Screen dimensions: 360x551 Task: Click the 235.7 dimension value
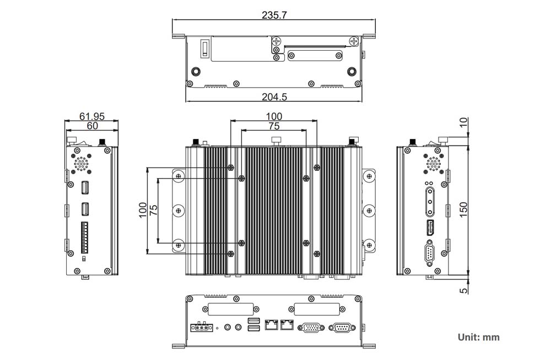pos(274,15)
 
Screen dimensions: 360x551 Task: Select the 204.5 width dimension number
pos(274,96)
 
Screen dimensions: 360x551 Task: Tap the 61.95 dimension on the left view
pos(92,116)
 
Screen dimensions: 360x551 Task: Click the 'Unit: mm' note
pos(478,337)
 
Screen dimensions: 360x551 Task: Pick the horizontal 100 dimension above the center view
pos(274,116)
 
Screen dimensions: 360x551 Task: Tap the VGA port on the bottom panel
pos(310,327)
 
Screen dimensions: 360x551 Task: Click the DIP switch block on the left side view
pos(85,234)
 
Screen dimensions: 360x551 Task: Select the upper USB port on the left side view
pos(85,189)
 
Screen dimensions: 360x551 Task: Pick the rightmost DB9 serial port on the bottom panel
pos(341,327)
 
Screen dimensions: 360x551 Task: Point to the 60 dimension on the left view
pos(92,126)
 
